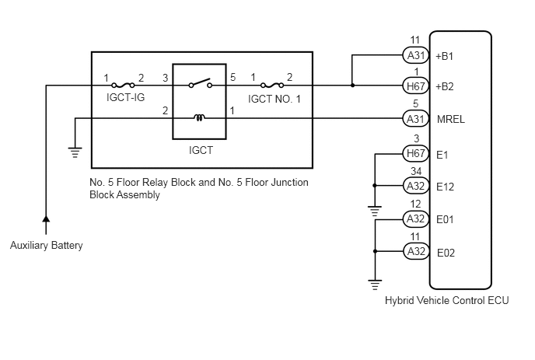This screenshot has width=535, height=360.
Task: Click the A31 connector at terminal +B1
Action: point(416,55)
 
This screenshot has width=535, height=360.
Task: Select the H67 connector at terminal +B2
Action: point(416,86)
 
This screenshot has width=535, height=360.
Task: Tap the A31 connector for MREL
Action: point(416,119)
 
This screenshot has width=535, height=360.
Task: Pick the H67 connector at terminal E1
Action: point(416,153)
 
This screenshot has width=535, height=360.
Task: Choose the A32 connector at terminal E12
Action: point(416,186)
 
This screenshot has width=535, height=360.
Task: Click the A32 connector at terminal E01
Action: point(416,218)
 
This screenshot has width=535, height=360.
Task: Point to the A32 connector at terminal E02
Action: point(416,251)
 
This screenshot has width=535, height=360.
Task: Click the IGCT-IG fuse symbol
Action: point(123,85)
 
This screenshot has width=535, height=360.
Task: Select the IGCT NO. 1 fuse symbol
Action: point(272,85)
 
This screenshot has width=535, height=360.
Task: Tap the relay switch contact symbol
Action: point(201,83)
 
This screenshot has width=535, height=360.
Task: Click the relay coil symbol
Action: point(200,118)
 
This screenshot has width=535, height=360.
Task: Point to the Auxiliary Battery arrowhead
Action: point(46,219)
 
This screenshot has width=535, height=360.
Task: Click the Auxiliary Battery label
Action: point(47,246)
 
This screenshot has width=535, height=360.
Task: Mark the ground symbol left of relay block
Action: point(75,152)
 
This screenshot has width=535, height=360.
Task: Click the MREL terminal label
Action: point(451,119)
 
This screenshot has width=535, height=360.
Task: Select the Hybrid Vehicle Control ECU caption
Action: point(447,300)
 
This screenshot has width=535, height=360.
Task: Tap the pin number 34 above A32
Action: point(416,171)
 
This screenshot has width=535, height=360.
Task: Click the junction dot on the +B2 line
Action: point(352,86)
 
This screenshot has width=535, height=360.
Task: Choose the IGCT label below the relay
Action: point(201,150)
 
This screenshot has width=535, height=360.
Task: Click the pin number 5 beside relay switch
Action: point(233,77)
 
